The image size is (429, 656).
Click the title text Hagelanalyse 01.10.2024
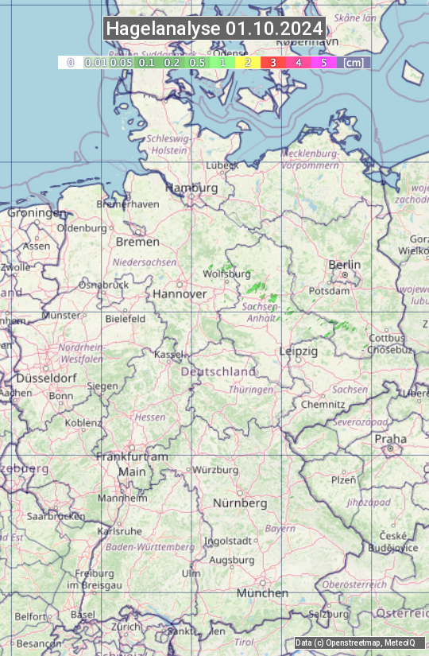point(214,29)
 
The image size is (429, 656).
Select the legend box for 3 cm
point(272,62)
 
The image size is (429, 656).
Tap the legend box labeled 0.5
point(198,62)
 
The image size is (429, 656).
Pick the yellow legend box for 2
point(248,62)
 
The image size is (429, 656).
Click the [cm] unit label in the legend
point(354,62)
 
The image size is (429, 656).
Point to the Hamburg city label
point(191,188)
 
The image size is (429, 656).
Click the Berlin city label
point(344,265)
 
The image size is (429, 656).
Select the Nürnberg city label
point(240,503)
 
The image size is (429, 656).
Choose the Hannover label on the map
point(180,294)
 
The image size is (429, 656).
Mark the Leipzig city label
point(299,351)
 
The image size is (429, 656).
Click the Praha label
point(390,439)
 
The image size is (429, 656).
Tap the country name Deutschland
point(218,371)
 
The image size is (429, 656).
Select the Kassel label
point(168,354)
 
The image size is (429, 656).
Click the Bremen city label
point(137,242)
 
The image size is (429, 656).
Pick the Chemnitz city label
point(323,404)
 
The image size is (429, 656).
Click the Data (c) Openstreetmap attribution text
point(355,642)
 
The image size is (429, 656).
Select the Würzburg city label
point(215,470)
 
